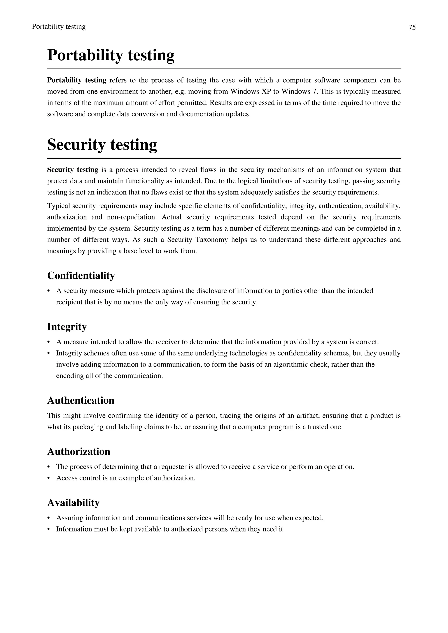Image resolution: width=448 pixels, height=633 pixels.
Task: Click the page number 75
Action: tap(412, 27)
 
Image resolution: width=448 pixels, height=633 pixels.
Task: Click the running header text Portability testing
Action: tap(59, 26)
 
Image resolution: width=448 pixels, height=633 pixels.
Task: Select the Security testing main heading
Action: tap(102, 144)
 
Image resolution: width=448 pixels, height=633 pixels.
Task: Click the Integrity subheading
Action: tap(67, 327)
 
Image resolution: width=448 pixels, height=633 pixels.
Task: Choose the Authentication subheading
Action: tap(80, 400)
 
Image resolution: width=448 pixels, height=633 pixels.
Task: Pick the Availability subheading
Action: tap(73, 503)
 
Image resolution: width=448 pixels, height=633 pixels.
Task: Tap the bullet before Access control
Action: tap(49, 478)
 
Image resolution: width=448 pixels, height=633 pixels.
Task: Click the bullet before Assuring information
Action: tap(49, 518)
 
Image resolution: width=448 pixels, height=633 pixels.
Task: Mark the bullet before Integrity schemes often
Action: tap(49, 353)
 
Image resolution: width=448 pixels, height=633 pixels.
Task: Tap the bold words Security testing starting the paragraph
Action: tap(73, 170)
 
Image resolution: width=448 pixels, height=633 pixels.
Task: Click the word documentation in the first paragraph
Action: tap(202, 114)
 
